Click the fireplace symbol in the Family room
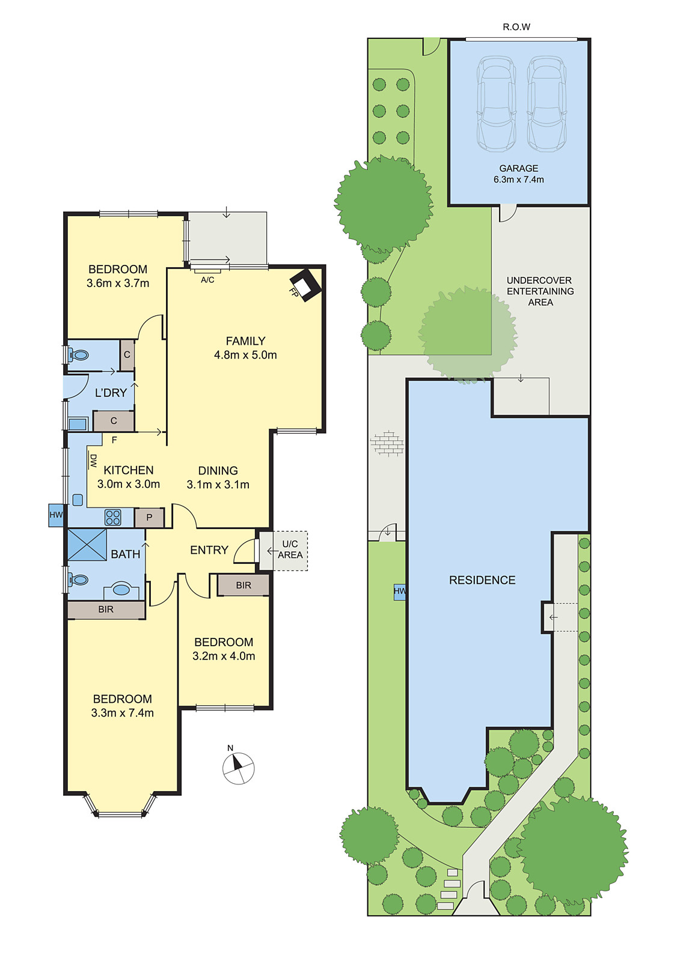pyautogui.click(x=305, y=285)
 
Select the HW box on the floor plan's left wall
pyautogui.click(x=56, y=515)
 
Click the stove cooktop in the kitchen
pyautogui.click(x=113, y=517)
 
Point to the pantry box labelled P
pyautogui.click(x=149, y=517)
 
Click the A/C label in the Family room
pyautogui.click(x=207, y=280)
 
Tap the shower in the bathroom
pyautogui.click(x=87, y=544)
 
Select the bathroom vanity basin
pyautogui.click(x=122, y=590)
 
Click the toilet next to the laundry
pyautogui.click(x=78, y=355)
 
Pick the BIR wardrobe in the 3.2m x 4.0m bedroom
pyautogui.click(x=243, y=585)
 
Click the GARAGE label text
pyautogui.click(x=518, y=169)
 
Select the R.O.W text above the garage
pyautogui.click(x=516, y=27)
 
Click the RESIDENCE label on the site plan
pyautogui.click(x=482, y=580)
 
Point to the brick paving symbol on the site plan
pyautogui.click(x=388, y=443)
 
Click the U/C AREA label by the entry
pyautogui.click(x=290, y=550)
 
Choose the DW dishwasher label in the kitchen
pyautogui.click(x=93, y=461)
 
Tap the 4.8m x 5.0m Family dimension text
pyautogui.click(x=245, y=355)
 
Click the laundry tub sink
pyautogui.click(x=78, y=424)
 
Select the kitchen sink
pyautogui.click(x=78, y=500)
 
